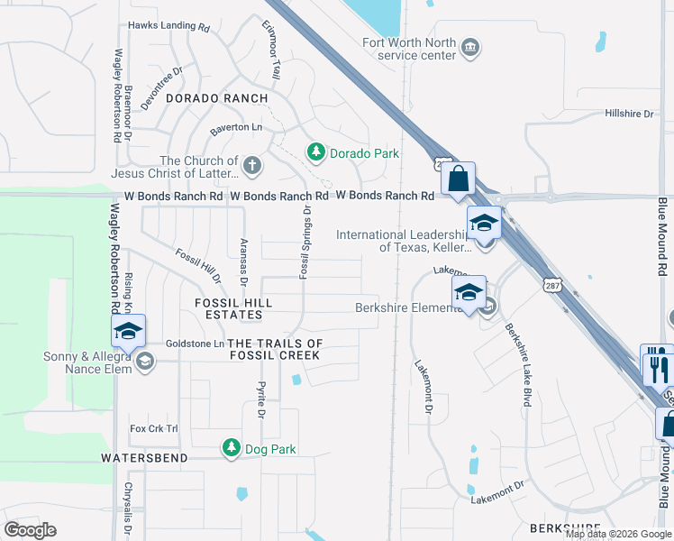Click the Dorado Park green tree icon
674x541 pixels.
point(315,152)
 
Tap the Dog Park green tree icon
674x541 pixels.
point(232,448)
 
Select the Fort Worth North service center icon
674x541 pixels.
point(469,47)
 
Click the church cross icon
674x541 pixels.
point(252,166)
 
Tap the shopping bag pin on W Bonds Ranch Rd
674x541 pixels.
point(459,179)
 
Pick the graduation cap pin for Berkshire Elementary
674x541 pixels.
point(469,292)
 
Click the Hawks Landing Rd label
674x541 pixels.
point(168,27)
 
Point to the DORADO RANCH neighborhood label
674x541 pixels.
point(217,98)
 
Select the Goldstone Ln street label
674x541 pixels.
point(194,344)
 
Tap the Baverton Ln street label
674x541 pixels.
point(235,128)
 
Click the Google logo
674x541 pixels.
point(30,530)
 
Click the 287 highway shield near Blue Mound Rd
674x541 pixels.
point(552,285)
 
